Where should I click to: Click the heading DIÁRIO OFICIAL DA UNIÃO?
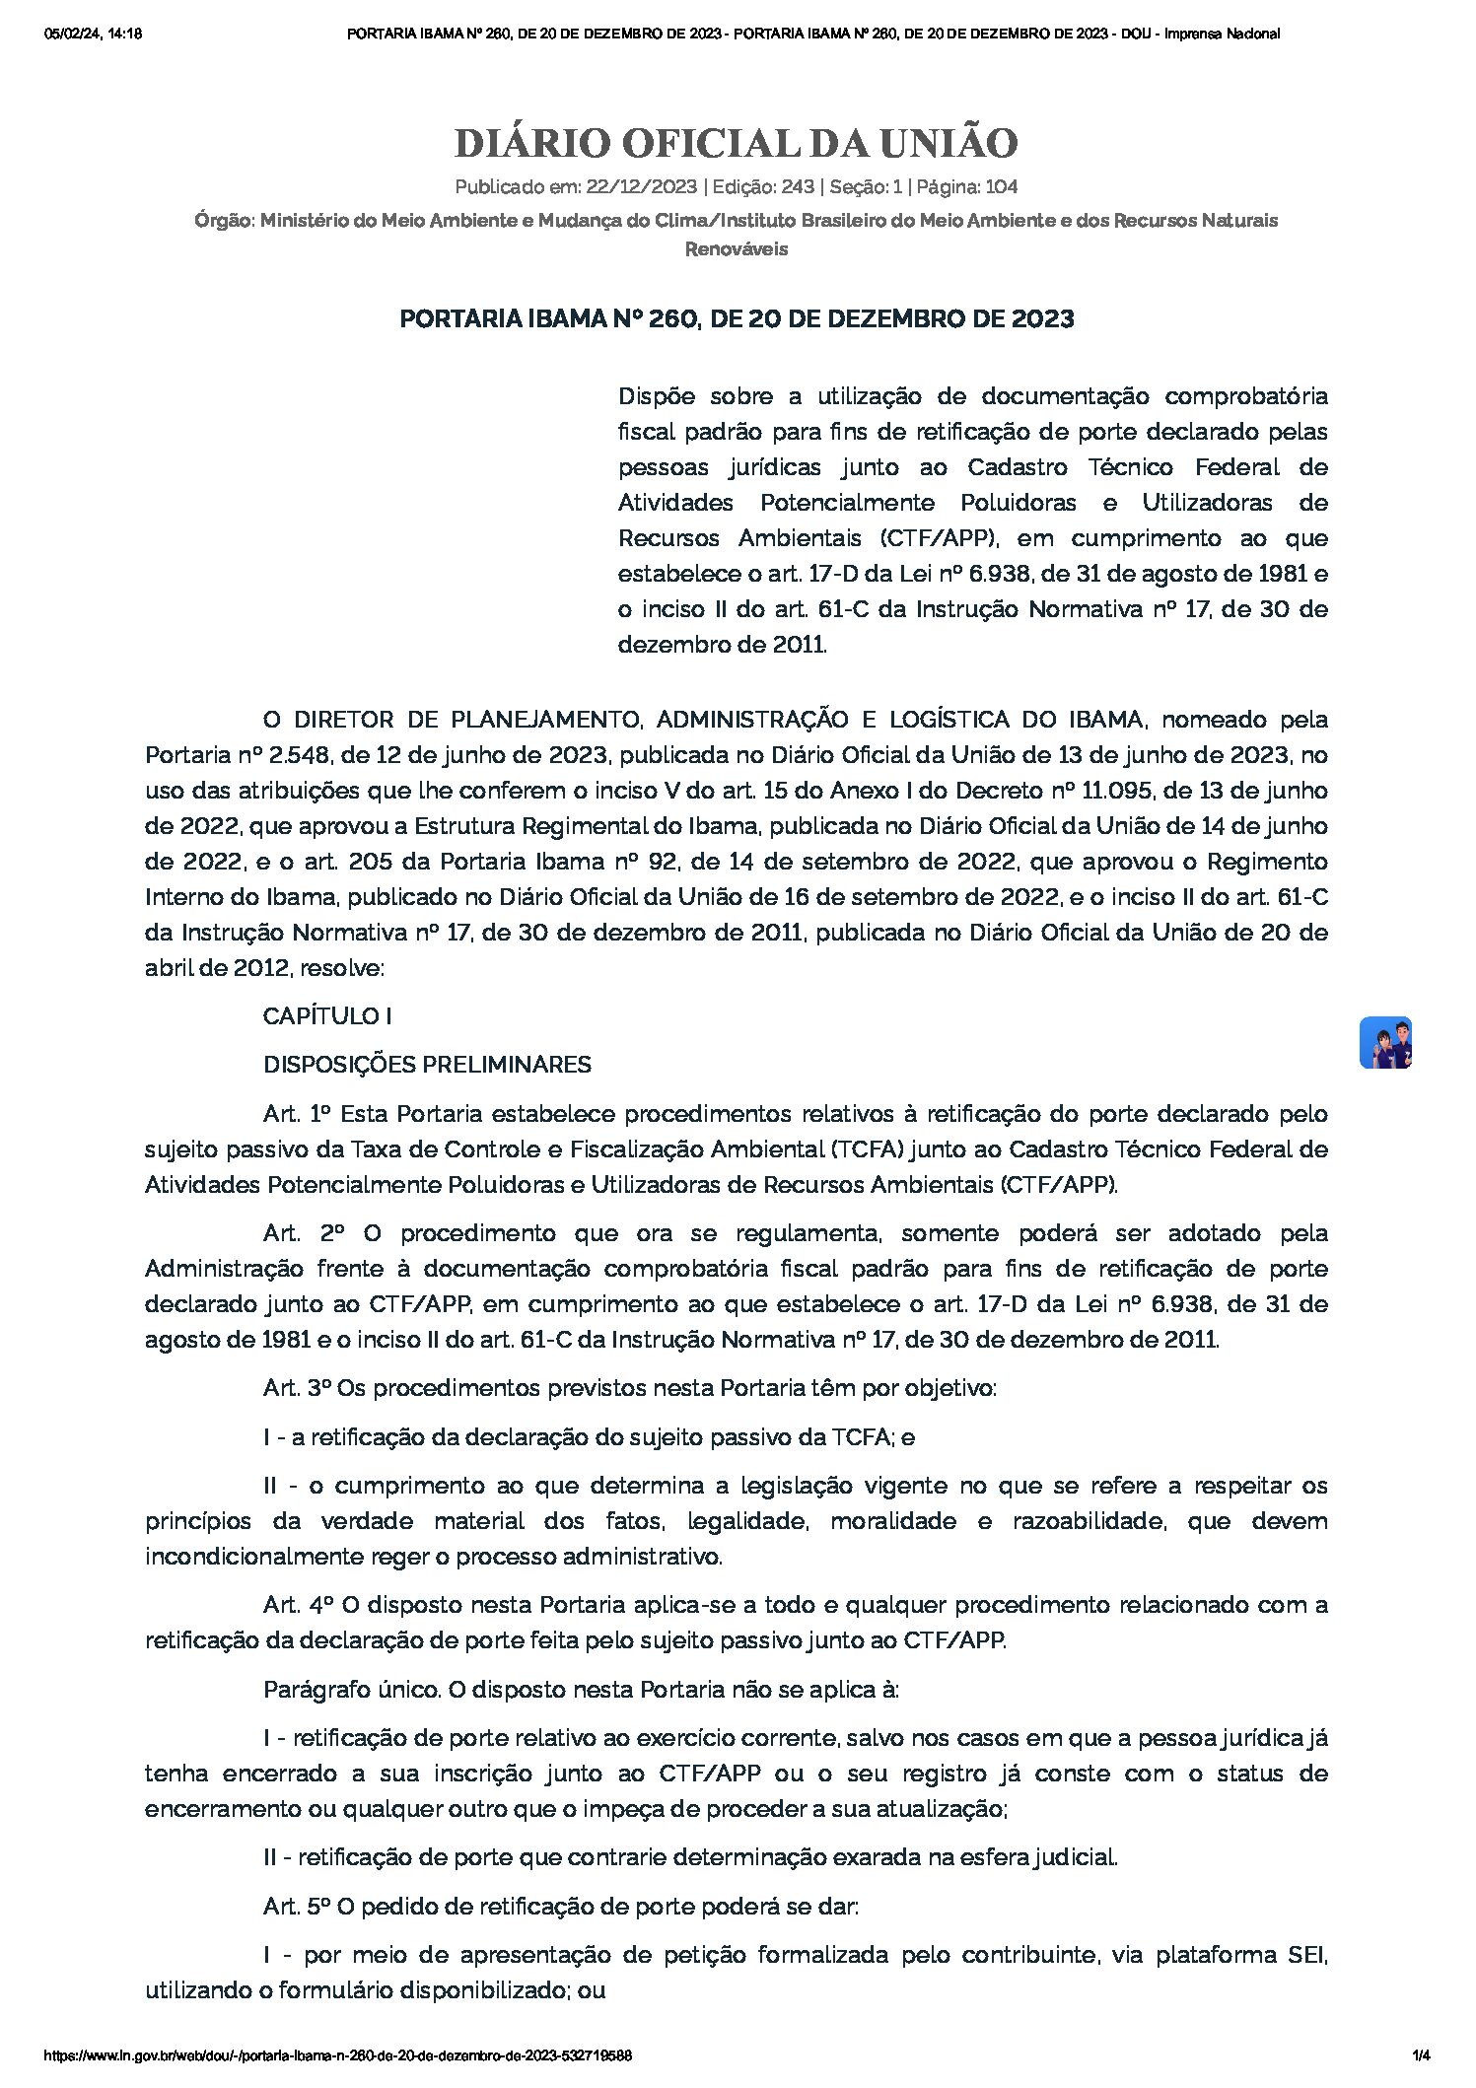click(737, 144)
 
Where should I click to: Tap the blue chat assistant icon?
click(1385, 1042)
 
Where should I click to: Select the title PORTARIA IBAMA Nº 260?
click(737, 319)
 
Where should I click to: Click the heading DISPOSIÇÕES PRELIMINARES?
click(427, 1065)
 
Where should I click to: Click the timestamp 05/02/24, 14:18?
click(94, 34)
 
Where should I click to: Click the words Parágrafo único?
click(350, 1690)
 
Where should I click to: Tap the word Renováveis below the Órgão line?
click(737, 249)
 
